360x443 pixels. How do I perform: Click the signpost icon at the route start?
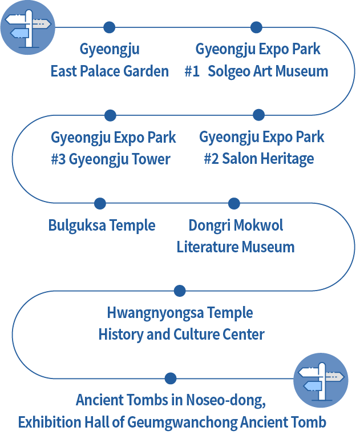pos(27,27)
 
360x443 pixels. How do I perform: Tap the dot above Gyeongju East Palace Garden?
pos(110,27)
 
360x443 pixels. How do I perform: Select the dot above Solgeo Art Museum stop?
pos(256,27)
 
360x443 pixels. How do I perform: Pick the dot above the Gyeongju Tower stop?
pos(111,115)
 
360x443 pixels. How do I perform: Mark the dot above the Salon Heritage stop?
pos(258,115)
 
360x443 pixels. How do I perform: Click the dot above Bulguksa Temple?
pos(100,203)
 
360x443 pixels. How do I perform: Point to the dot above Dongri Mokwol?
pos(234,203)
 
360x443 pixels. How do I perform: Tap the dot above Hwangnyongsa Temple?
pos(180,291)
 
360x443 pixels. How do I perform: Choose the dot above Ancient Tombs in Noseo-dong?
pos(170,378)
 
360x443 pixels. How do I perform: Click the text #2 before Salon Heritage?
pos(211,159)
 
